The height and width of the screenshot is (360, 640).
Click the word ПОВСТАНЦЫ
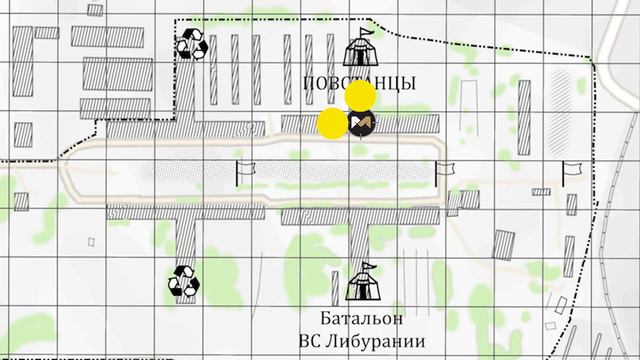click(x=359, y=83)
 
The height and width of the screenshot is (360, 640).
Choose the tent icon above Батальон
click(x=362, y=283)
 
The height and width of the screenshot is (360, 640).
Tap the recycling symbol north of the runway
click(x=192, y=44)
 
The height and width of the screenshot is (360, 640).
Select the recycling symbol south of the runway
click(x=184, y=282)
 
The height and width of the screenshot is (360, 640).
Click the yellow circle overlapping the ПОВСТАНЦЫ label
click(x=360, y=96)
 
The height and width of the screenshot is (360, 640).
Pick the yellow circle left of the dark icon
click(x=332, y=124)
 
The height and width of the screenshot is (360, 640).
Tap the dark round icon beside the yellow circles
click(x=361, y=124)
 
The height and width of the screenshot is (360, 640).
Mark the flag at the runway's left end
click(x=244, y=171)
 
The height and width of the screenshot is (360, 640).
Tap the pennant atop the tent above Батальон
click(x=367, y=265)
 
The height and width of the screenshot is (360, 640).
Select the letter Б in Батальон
click(x=328, y=319)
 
